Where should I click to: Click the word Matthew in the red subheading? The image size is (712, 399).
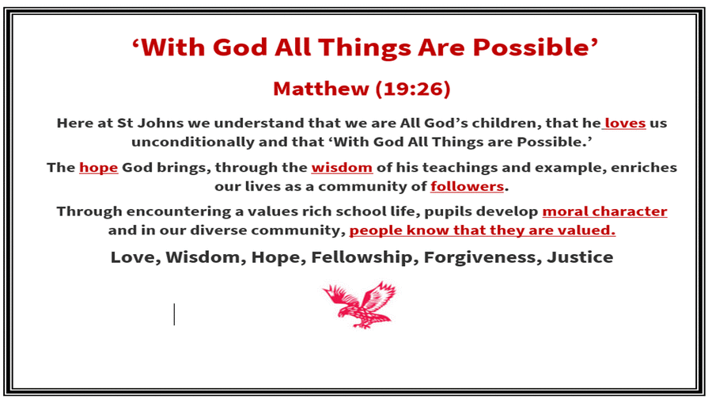(321, 89)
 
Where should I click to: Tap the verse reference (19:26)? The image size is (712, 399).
(413, 89)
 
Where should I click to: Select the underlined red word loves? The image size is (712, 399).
(625, 123)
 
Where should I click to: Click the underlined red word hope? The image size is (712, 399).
(99, 168)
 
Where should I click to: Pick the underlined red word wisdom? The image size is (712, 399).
(342, 168)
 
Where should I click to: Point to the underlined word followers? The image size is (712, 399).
(468, 186)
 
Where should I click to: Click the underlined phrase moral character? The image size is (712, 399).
(605, 211)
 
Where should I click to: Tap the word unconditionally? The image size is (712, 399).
(192, 142)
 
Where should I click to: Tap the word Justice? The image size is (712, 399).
(580, 257)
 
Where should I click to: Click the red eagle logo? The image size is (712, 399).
(360, 305)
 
